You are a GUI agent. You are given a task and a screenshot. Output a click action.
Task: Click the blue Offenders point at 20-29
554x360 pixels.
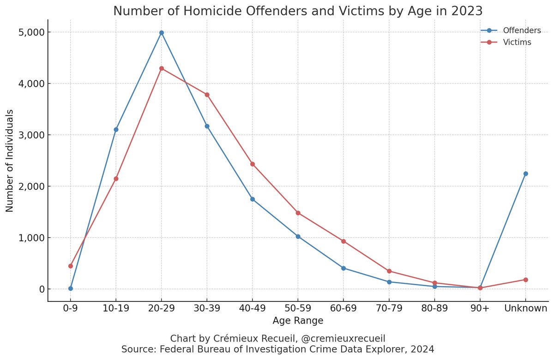tap(161, 33)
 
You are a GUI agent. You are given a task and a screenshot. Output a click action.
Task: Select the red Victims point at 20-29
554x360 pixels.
tap(161, 68)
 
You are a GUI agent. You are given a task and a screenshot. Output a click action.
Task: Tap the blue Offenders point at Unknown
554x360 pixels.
tap(525, 174)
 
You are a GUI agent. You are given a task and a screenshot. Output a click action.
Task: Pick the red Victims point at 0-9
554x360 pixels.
tap(71, 266)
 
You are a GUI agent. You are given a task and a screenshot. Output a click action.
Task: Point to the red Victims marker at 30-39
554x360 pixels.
tap(207, 95)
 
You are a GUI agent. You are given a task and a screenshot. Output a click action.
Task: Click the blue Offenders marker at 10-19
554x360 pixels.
tap(116, 129)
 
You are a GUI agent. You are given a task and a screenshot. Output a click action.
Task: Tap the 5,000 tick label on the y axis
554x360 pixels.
tap(31, 32)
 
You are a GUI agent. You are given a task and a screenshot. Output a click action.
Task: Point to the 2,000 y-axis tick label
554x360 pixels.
tap(31, 186)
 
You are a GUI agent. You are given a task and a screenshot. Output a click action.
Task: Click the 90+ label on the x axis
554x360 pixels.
tap(480, 308)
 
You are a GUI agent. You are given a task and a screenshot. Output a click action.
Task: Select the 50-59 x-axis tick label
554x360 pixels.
tap(298, 308)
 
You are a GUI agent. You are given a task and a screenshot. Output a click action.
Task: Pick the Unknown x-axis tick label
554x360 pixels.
tap(525, 308)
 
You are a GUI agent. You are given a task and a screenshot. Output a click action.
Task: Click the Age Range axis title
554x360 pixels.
tap(298, 320)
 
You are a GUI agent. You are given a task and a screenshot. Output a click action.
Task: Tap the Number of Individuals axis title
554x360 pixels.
tap(10, 161)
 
